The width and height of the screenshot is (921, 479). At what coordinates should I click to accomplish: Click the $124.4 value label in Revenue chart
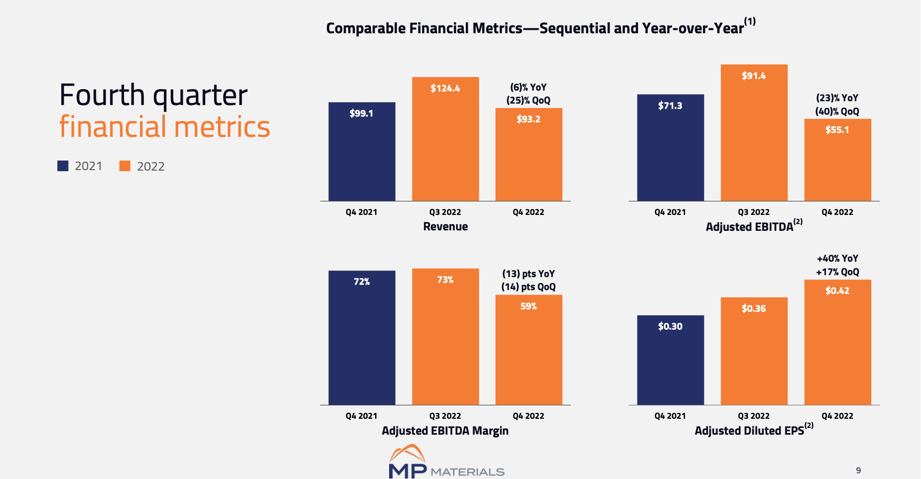[445, 88]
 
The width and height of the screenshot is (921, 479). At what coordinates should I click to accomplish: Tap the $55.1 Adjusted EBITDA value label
[837, 130]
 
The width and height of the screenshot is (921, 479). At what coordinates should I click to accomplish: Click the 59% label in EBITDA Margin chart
[528, 306]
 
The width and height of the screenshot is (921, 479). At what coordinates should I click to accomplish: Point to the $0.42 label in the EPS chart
[837, 291]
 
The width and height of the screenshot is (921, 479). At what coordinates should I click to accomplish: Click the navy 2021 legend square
[63, 166]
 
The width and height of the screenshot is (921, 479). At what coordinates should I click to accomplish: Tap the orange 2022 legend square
[125, 166]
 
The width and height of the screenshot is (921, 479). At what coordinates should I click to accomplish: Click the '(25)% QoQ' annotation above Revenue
[528, 100]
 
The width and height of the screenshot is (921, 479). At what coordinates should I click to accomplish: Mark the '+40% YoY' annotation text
[838, 258]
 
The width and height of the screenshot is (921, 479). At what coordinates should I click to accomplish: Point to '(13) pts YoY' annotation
[528, 274]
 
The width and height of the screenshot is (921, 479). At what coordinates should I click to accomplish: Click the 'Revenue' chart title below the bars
[445, 226]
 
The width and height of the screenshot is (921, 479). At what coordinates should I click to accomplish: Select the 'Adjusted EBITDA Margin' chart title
[445, 431]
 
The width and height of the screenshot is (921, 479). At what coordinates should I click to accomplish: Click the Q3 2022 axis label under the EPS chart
[754, 416]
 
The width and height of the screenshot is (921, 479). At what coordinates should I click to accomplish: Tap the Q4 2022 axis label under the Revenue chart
[528, 212]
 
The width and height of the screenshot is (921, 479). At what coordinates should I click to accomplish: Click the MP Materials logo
[446, 463]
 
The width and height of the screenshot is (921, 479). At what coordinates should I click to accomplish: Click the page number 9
[858, 470]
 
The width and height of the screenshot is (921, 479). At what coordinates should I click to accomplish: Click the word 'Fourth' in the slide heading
[102, 95]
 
